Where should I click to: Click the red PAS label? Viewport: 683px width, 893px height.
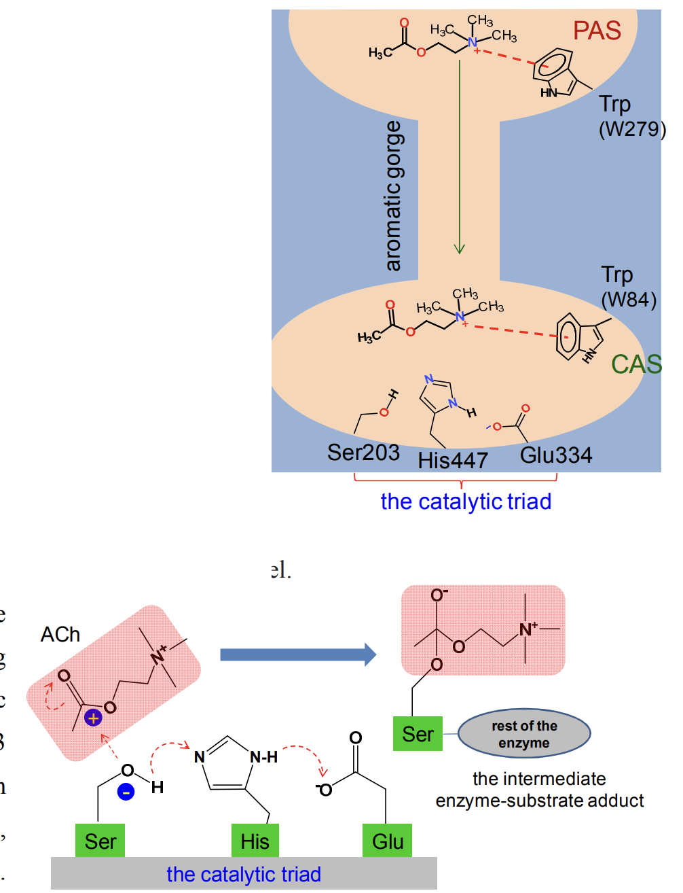point(597,31)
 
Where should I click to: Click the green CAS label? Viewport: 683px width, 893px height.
point(636,364)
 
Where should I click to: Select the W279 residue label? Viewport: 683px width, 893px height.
point(631,128)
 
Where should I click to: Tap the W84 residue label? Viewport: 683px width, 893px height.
point(629,299)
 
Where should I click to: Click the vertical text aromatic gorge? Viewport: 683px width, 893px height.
point(393,196)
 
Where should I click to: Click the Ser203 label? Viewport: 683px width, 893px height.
point(363,453)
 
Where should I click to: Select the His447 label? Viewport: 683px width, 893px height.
point(453,460)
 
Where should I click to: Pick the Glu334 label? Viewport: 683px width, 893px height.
point(556,455)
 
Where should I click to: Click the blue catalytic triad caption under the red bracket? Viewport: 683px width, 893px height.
point(466,502)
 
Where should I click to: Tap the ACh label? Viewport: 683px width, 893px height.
point(60,635)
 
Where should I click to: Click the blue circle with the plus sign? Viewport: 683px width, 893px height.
point(93,718)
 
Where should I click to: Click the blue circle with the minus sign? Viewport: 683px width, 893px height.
point(126,791)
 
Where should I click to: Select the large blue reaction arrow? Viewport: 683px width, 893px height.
point(298,654)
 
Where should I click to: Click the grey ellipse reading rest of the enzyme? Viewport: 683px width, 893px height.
point(524,734)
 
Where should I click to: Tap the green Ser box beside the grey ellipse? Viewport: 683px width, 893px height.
point(418,734)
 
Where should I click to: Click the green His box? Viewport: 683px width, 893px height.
point(255,841)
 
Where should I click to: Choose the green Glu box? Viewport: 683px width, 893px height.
point(388,841)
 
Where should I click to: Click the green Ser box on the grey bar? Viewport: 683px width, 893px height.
point(100,841)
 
